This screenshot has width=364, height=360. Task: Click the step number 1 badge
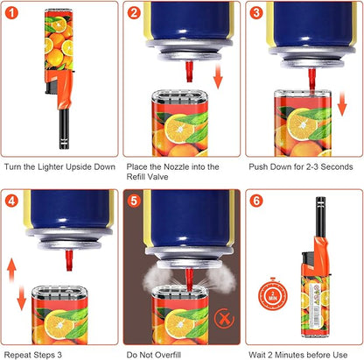pyautogui.click(x=11, y=13)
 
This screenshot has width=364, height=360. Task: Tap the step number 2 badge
pyautogui.click(x=134, y=13)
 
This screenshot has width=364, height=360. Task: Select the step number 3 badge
pyautogui.click(x=256, y=13)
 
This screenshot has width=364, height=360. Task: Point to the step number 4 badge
pyautogui.click(x=11, y=201)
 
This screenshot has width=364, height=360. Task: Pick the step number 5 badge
pyautogui.click(x=134, y=201)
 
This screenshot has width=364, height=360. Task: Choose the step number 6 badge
pyautogui.click(x=256, y=201)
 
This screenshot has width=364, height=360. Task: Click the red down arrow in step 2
pyautogui.click(x=218, y=77)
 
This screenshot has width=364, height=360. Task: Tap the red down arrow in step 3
pyautogui.click(x=342, y=103)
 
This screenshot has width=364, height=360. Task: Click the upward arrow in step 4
pyautogui.click(x=11, y=270)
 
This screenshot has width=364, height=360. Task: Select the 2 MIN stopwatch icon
pyautogui.click(x=273, y=294)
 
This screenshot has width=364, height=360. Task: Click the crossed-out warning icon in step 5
pyautogui.click(x=224, y=319)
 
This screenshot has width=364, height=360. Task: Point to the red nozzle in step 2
pyautogui.click(x=190, y=72)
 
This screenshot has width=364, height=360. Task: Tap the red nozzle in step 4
pyautogui.click(x=69, y=260)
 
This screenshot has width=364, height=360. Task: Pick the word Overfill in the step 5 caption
pyautogui.click(x=168, y=355)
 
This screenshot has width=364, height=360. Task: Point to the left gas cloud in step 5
pyautogui.click(x=156, y=279)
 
